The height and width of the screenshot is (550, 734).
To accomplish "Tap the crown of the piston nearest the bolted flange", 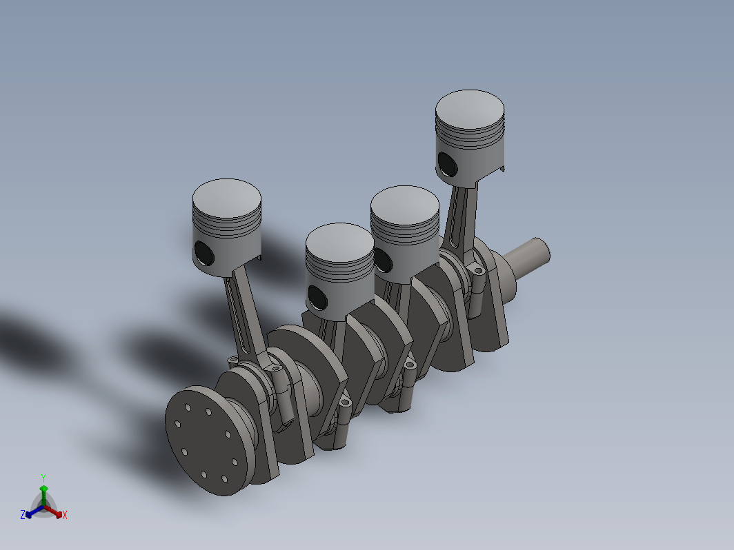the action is (x=226, y=198).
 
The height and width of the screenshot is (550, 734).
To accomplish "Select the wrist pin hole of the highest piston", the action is (x=447, y=165).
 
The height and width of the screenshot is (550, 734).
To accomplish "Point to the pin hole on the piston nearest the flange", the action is (x=204, y=254).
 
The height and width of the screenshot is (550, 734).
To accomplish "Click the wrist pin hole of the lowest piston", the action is (x=317, y=298).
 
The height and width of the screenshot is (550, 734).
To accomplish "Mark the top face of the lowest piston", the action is (x=340, y=243).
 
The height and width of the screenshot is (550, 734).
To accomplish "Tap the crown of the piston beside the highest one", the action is (x=405, y=205).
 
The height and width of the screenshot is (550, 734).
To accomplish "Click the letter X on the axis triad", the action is (x=65, y=515).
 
